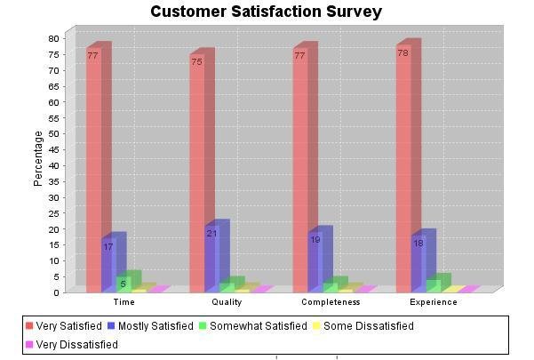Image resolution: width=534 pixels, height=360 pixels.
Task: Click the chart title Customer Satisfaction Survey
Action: tap(266, 12)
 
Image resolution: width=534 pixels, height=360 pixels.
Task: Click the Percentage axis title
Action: tap(38, 158)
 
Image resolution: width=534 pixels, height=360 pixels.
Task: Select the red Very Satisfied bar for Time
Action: tap(93, 169)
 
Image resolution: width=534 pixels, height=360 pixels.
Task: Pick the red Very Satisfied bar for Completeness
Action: tap(299, 169)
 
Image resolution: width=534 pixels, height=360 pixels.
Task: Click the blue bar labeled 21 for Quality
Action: tap(211, 258)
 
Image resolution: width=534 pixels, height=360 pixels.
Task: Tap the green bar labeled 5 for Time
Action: tap(124, 284)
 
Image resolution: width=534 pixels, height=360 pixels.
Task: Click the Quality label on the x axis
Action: tap(227, 302)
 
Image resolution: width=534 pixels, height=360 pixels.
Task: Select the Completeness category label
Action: tap(331, 302)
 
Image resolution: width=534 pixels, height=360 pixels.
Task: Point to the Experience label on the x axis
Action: tap(434, 302)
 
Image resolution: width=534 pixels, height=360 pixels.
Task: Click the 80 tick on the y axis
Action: tap(53, 38)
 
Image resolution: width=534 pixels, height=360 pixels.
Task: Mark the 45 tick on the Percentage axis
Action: tap(53, 149)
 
